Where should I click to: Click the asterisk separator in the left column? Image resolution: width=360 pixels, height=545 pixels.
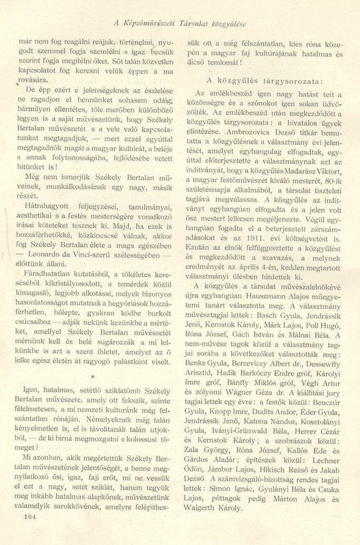[93, 378]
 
